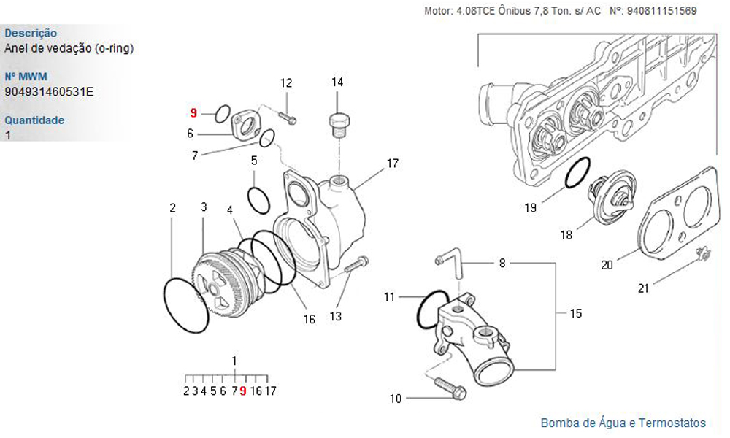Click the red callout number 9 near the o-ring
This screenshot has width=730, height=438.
tap(193, 112)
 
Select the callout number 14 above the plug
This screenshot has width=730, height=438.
tap(337, 82)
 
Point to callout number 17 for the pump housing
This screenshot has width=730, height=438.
tap(393, 164)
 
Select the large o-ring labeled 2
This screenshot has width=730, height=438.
tap(185, 305)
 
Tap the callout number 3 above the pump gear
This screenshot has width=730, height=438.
tap(204, 207)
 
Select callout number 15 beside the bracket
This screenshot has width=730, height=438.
tap(576, 313)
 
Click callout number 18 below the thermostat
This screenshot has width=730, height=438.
tap(566, 235)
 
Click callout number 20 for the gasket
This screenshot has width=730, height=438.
tap(607, 265)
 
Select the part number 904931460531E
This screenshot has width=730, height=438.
tap(49, 92)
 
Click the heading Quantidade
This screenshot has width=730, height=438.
tap(34, 120)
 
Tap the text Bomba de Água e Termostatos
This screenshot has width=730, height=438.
tap(623, 423)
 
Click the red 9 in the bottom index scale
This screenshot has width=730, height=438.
tap(243, 391)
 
